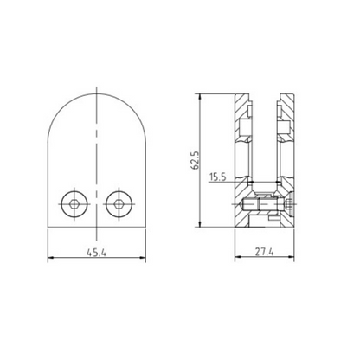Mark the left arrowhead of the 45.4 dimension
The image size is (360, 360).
click(x=48, y=258)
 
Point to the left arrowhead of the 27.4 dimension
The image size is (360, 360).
click(x=238, y=258)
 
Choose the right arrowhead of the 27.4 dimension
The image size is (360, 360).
click(x=294, y=258)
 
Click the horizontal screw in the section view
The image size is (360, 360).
click(x=264, y=207)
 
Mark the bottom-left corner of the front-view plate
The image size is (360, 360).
click(x=46, y=227)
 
